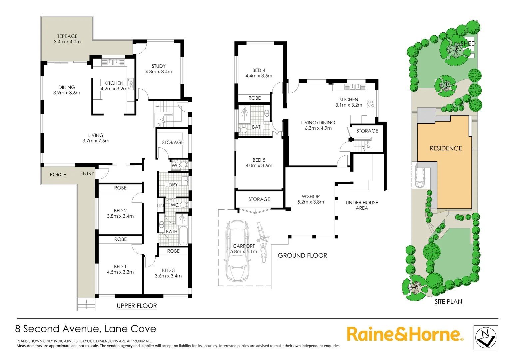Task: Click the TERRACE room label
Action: [67, 36]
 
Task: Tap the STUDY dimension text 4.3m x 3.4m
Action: [159, 72]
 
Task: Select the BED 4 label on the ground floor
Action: [259, 70]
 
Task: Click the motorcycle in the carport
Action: [262, 242]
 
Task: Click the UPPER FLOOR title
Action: [137, 306]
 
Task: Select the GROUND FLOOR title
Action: [302, 256]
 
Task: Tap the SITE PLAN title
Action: [448, 302]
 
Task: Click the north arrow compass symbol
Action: [486, 338]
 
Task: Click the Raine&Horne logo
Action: [405, 334]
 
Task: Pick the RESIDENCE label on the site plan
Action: [446, 148]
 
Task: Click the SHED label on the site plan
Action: [468, 44]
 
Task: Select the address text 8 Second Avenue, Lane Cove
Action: [86, 329]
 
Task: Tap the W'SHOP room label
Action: [310, 196]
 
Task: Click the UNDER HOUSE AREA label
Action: [362, 205]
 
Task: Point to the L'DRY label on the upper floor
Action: [172, 185]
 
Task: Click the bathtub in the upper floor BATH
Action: [183, 236]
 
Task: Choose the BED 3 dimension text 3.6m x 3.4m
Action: [168, 276]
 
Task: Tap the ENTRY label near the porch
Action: [87, 173]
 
